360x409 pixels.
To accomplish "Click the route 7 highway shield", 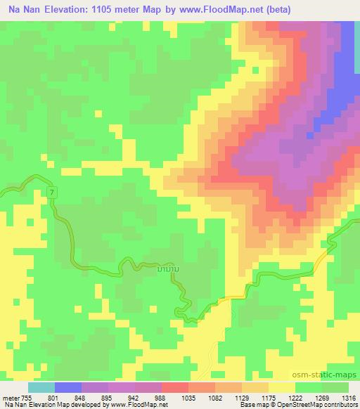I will pyautogui.click(x=52, y=192).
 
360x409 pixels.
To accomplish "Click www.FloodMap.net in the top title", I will pyautogui.click(x=221, y=10).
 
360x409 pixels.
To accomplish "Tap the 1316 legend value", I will pyautogui.click(x=348, y=397).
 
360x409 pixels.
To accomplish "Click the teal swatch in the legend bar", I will pyautogui.click(x=41, y=387).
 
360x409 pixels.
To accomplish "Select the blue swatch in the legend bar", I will pyautogui.click(x=68, y=387).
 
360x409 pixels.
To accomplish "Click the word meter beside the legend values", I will pyautogui.click(x=12, y=397).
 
